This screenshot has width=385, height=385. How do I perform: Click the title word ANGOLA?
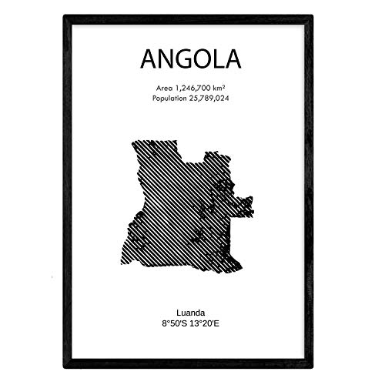(191, 59)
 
